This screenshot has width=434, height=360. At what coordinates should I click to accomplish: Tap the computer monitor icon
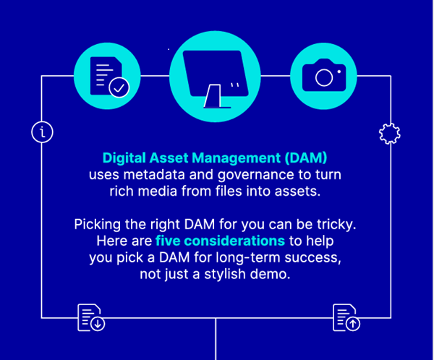(x=216, y=76)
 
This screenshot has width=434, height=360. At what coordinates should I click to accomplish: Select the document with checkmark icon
(x=108, y=76)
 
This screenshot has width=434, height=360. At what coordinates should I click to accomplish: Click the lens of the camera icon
(x=323, y=78)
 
